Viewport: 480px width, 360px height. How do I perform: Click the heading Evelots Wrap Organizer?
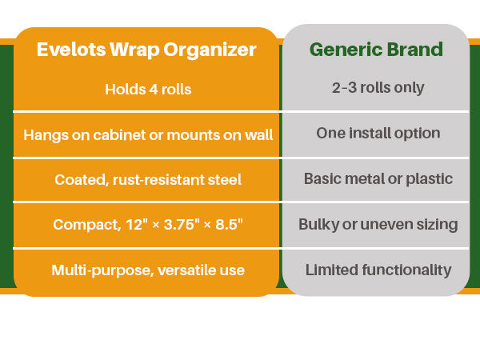pyautogui.click(x=146, y=50)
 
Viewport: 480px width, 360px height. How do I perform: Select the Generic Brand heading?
pyautogui.click(x=376, y=50)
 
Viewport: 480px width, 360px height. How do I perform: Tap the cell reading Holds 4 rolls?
pyautogui.click(x=148, y=90)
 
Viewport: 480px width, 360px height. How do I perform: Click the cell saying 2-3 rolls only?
pyautogui.click(x=378, y=88)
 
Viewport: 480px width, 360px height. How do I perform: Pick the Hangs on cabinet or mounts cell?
pyautogui.click(x=148, y=135)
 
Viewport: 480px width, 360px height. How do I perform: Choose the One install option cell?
pyautogui.click(x=378, y=133)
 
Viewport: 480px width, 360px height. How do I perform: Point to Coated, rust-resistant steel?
pyautogui.click(x=148, y=180)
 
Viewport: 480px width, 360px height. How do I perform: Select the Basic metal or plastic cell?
pyautogui.click(x=378, y=178)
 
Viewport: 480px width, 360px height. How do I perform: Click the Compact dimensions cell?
pyautogui.click(x=148, y=224)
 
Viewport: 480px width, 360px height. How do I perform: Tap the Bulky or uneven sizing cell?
pyautogui.click(x=378, y=224)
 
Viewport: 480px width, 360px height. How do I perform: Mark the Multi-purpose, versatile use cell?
pyautogui.click(x=148, y=270)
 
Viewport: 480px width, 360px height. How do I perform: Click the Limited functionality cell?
pyautogui.click(x=378, y=270)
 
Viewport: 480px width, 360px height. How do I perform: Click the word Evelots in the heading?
pyautogui.click(x=71, y=50)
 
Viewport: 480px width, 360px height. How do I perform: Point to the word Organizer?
pyautogui.click(x=210, y=50)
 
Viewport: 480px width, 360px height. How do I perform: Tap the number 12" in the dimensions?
pyautogui.click(x=134, y=224)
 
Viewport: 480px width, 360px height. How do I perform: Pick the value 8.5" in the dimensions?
pyautogui.click(x=230, y=224)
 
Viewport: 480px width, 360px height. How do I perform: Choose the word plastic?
pyautogui.click(x=429, y=179)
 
